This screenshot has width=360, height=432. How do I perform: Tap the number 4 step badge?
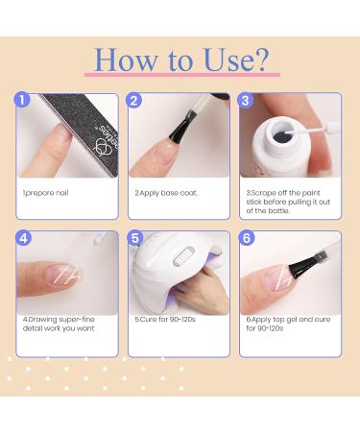tap(24, 238)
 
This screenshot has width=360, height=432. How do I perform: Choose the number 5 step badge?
tap(135, 238)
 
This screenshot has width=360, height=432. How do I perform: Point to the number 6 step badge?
tap(247, 238)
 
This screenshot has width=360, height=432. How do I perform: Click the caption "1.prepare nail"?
tap(45, 193)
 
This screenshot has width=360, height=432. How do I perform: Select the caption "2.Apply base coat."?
tap(165, 193)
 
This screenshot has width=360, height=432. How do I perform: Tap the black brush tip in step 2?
tap(190, 120)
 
